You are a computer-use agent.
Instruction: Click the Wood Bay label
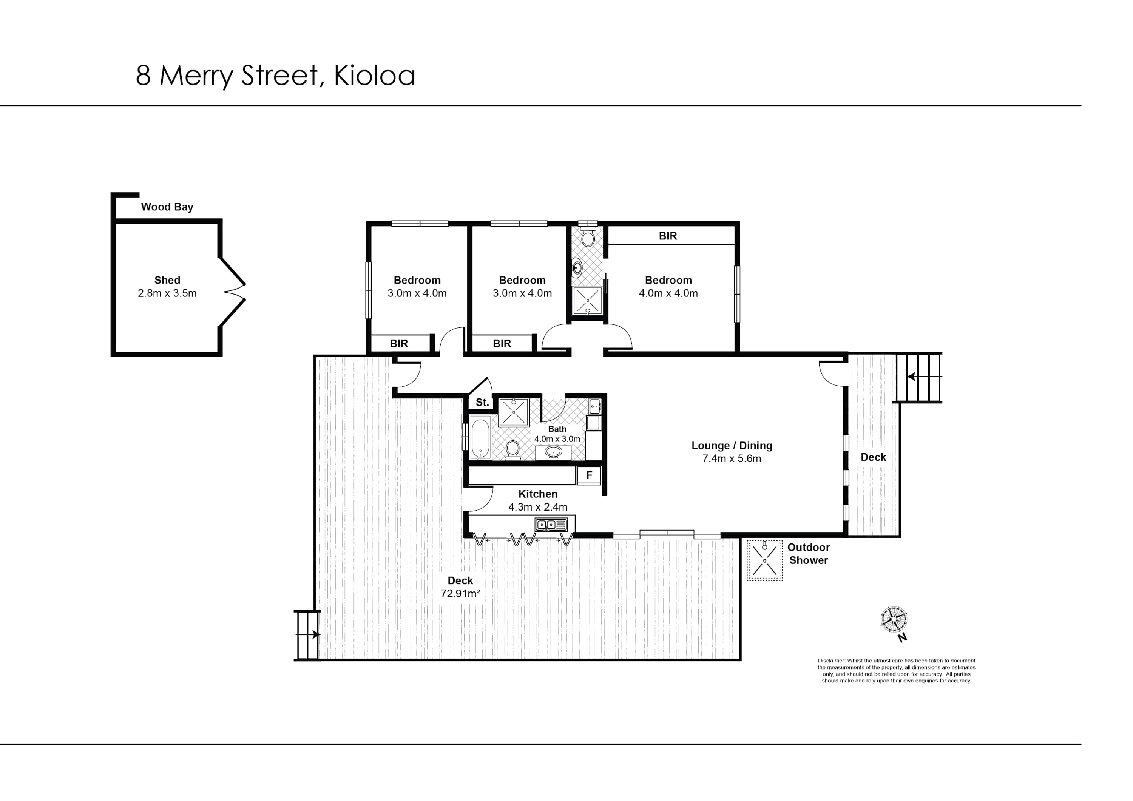click(167, 207)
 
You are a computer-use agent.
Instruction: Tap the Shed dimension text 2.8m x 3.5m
click(167, 294)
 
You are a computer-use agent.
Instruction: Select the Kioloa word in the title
click(375, 76)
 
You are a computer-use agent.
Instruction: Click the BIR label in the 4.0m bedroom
click(668, 236)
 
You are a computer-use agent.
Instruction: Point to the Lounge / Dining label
click(732, 446)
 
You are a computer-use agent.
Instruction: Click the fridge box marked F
click(589, 475)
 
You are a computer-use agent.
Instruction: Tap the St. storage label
click(482, 402)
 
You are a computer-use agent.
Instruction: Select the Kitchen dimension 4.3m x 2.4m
click(538, 507)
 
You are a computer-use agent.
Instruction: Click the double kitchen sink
click(551, 525)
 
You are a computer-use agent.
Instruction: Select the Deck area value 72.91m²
click(460, 594)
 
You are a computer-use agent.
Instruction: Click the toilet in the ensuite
click(587, 238)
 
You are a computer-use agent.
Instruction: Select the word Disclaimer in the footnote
click(832, 661)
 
